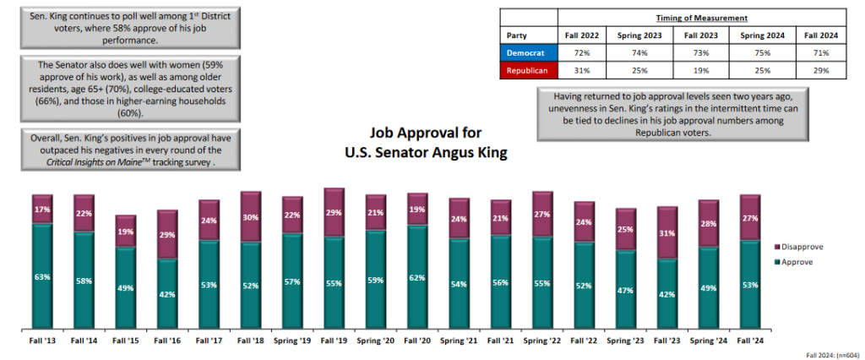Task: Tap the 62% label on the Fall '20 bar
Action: tap(416, 276)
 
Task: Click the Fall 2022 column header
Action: tap(583, 35)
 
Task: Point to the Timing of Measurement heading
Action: tap(700, 17)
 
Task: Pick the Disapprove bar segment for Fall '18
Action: tap(250, 215)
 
